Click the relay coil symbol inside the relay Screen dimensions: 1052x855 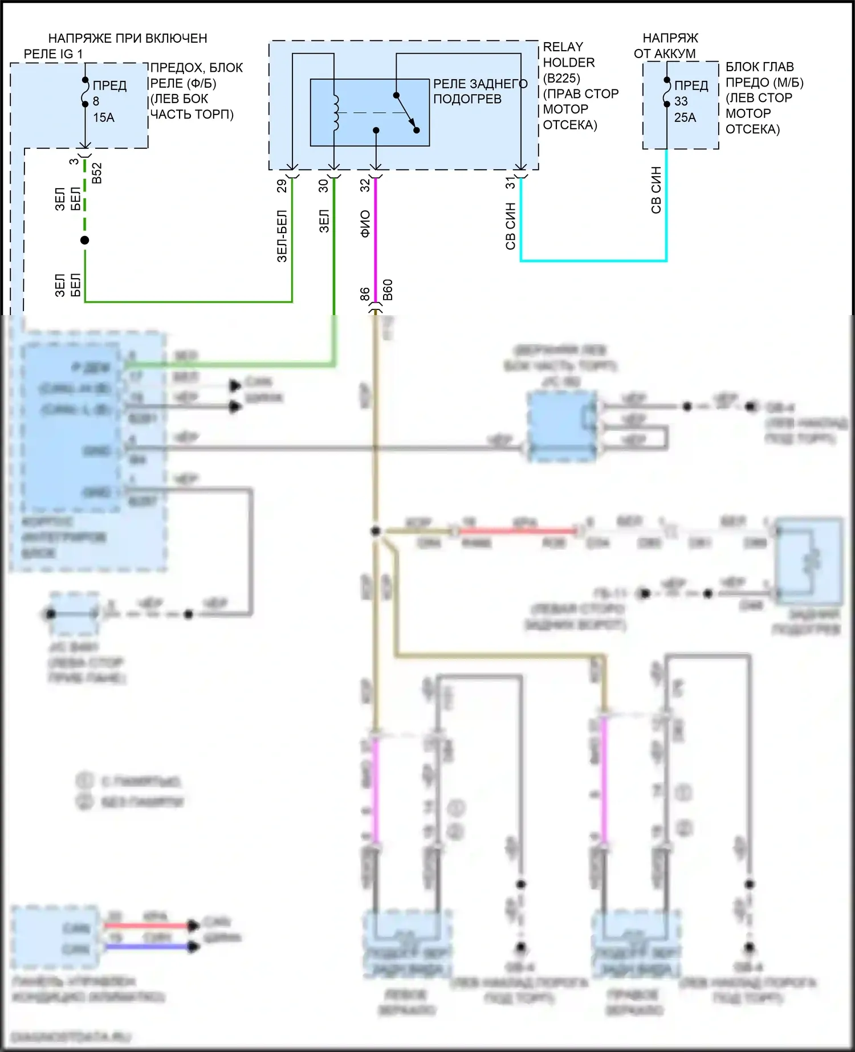(x=335, y=112)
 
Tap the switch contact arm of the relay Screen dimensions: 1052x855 (x=406, y=112)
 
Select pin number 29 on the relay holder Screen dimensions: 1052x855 (x=282, y=186)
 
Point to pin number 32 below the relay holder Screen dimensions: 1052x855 (x=365, y=185)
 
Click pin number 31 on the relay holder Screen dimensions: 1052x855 (x=510, y=183)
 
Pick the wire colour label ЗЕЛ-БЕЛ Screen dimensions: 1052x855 (x=282, y=237)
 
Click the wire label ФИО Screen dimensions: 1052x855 (x=365, y=223)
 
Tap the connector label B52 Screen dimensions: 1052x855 (x=97, y=173)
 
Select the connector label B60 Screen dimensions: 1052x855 (x=388, y=290)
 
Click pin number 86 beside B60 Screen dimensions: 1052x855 (x=365, y=294)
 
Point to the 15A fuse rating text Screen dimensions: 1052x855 (x=104, y=117)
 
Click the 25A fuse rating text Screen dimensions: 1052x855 (x=685, y=117)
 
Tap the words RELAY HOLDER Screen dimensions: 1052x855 (x=569, y=55)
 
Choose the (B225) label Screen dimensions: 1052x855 (x=561, y=78)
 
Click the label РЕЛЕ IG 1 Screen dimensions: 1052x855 (x=53, y=54)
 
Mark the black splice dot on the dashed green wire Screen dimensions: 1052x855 (x=85, y=240)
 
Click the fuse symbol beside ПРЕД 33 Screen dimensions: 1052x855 (x=666, y=93)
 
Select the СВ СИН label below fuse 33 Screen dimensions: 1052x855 (x=656, y=190)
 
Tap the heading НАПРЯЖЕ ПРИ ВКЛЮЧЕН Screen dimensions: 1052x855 (x=128, y=38)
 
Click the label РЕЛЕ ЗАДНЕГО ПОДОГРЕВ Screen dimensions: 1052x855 (x=480, y=91)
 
